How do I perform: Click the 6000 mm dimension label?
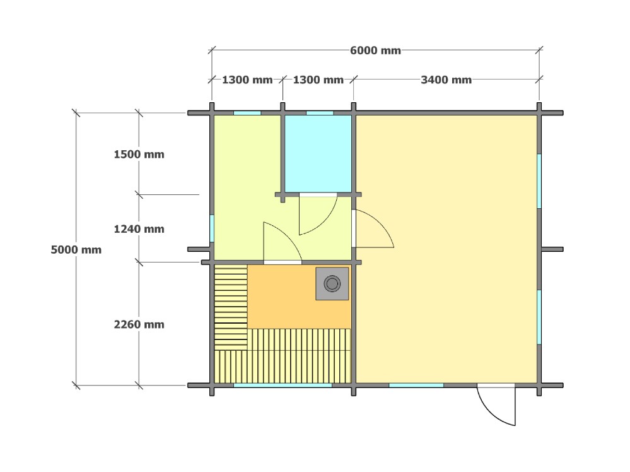375,50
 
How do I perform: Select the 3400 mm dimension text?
446,80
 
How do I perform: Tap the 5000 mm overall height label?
76,250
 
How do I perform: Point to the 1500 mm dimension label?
139,155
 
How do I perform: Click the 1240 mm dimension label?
139,229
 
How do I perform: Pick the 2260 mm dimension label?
139,324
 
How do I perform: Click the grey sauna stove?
332,283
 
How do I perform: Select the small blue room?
318,154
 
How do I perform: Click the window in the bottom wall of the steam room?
283,385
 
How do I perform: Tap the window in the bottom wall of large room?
416,385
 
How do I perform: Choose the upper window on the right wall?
539,181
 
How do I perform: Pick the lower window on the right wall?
539,317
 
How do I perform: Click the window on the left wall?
212,228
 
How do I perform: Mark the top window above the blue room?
320,113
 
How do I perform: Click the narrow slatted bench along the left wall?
231,307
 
